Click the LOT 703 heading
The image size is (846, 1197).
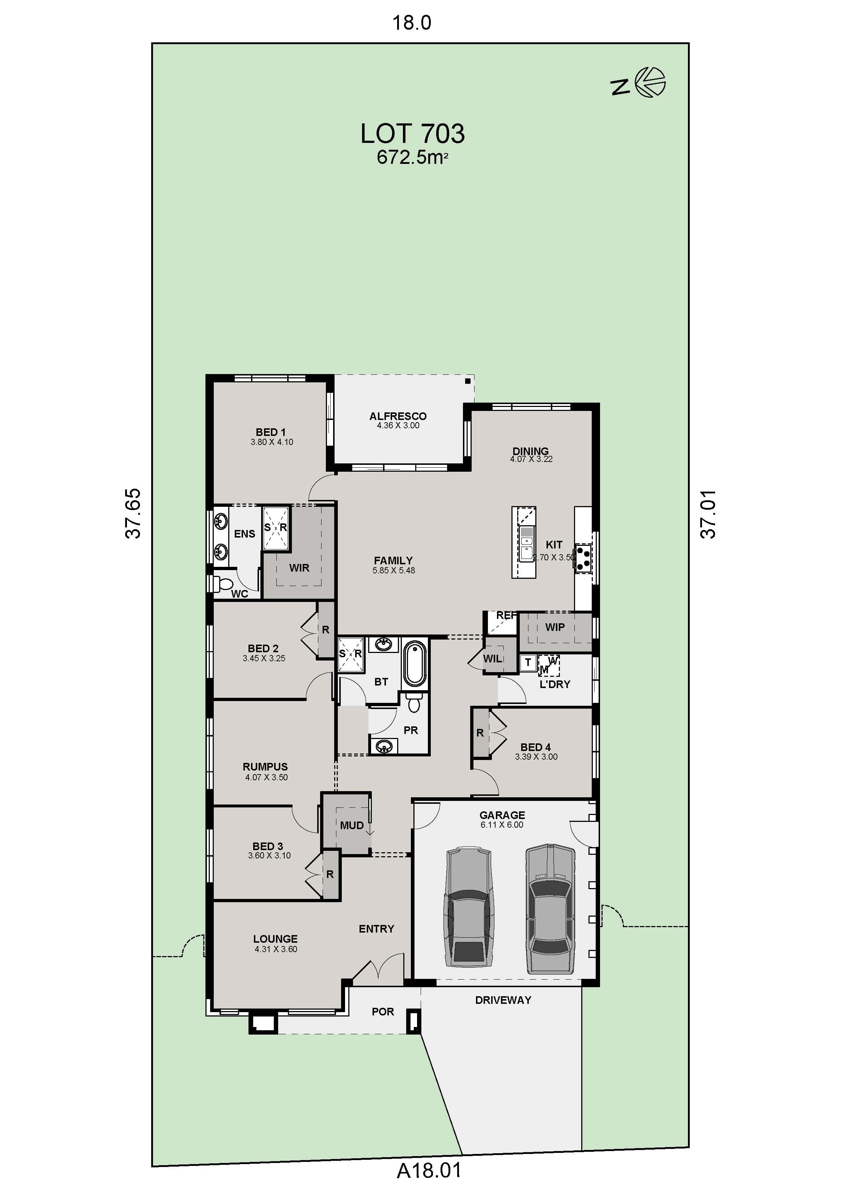tap(412, 134)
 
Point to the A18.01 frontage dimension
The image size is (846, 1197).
tap(429, 1170)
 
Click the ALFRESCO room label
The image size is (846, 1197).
tap(398, 416)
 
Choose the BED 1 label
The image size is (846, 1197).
tap(271, 432)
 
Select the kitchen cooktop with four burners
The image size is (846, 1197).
tap(583, 559)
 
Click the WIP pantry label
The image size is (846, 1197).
tap(554, 627)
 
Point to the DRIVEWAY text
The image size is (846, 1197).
tap(503, 1000)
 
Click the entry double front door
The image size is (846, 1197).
tap(378, 968)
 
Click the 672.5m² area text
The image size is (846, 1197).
tap(412, 157)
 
